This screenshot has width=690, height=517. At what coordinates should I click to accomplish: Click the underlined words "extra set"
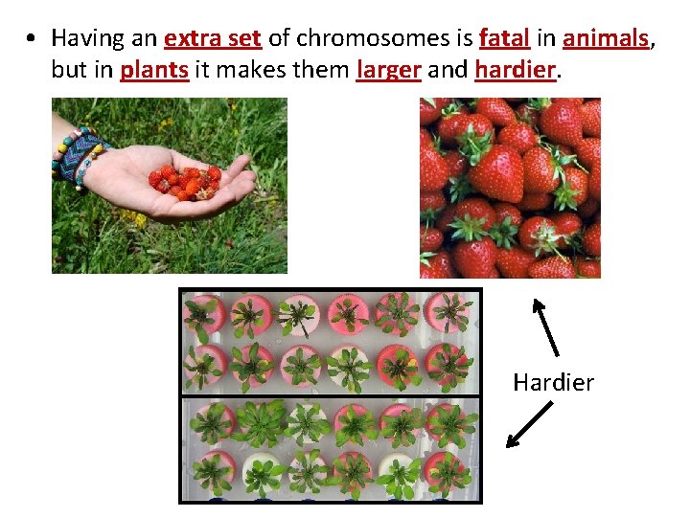coord(214,38)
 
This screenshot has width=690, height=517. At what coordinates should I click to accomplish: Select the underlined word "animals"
coord(606,38)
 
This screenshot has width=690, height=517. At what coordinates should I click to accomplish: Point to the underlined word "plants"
coord(154,70)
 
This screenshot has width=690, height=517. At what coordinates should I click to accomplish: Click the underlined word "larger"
coord(388,70)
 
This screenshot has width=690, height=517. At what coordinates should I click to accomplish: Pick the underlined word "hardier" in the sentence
coord(516,70)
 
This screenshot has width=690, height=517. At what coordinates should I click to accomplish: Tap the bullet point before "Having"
coord(32,39)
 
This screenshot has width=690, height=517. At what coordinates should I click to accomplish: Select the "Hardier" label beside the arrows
coord(553,383)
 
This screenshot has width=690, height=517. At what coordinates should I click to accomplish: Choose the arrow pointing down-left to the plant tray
coord(529,424)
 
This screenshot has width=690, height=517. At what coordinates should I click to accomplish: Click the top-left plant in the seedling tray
coord(204,313)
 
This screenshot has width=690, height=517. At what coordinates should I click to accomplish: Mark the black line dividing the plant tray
coord(331,395)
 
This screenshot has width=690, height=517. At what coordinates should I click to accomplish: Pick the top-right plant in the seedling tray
coord(449,313)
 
